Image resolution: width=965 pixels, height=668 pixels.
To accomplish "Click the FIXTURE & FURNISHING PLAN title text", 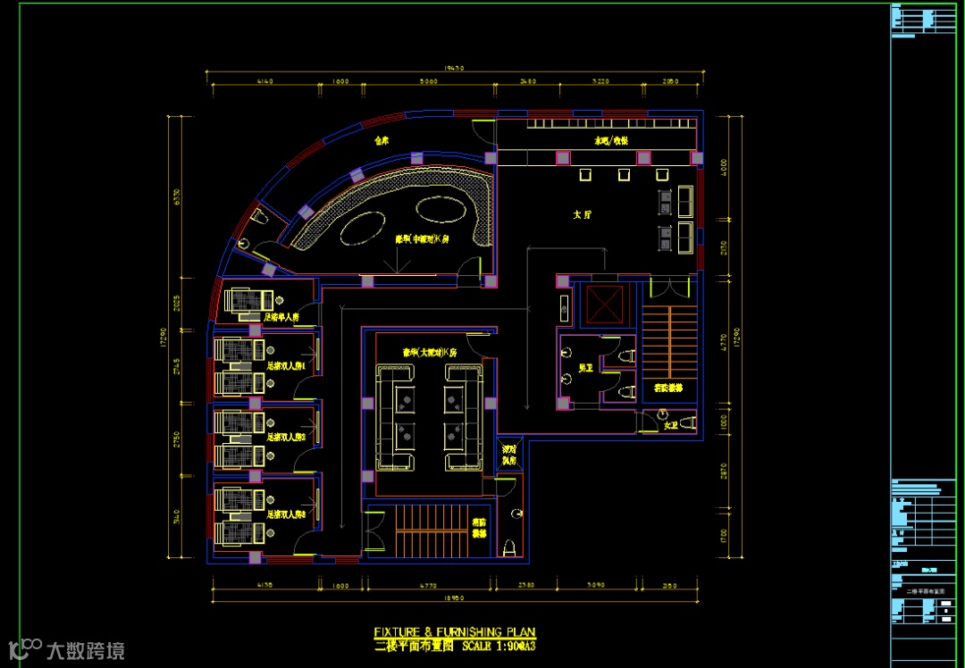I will [x=455, y=632].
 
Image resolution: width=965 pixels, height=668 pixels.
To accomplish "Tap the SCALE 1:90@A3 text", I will [x=497, y=645].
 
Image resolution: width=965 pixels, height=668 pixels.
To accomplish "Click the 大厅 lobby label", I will [x=583, y=214].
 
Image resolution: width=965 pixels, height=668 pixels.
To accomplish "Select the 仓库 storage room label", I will [x=382, y=140].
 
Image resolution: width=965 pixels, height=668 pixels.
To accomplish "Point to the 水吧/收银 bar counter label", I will [x=612, y=141].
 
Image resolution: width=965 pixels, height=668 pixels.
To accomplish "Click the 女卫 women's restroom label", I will [x=671, y=425].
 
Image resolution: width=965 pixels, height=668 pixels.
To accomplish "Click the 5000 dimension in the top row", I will [x=428, y=81].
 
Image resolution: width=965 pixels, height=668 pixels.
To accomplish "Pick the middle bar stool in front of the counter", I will [x=624, y=175].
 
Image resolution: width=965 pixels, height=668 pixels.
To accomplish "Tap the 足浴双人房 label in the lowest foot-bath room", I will [x=286, y=514].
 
